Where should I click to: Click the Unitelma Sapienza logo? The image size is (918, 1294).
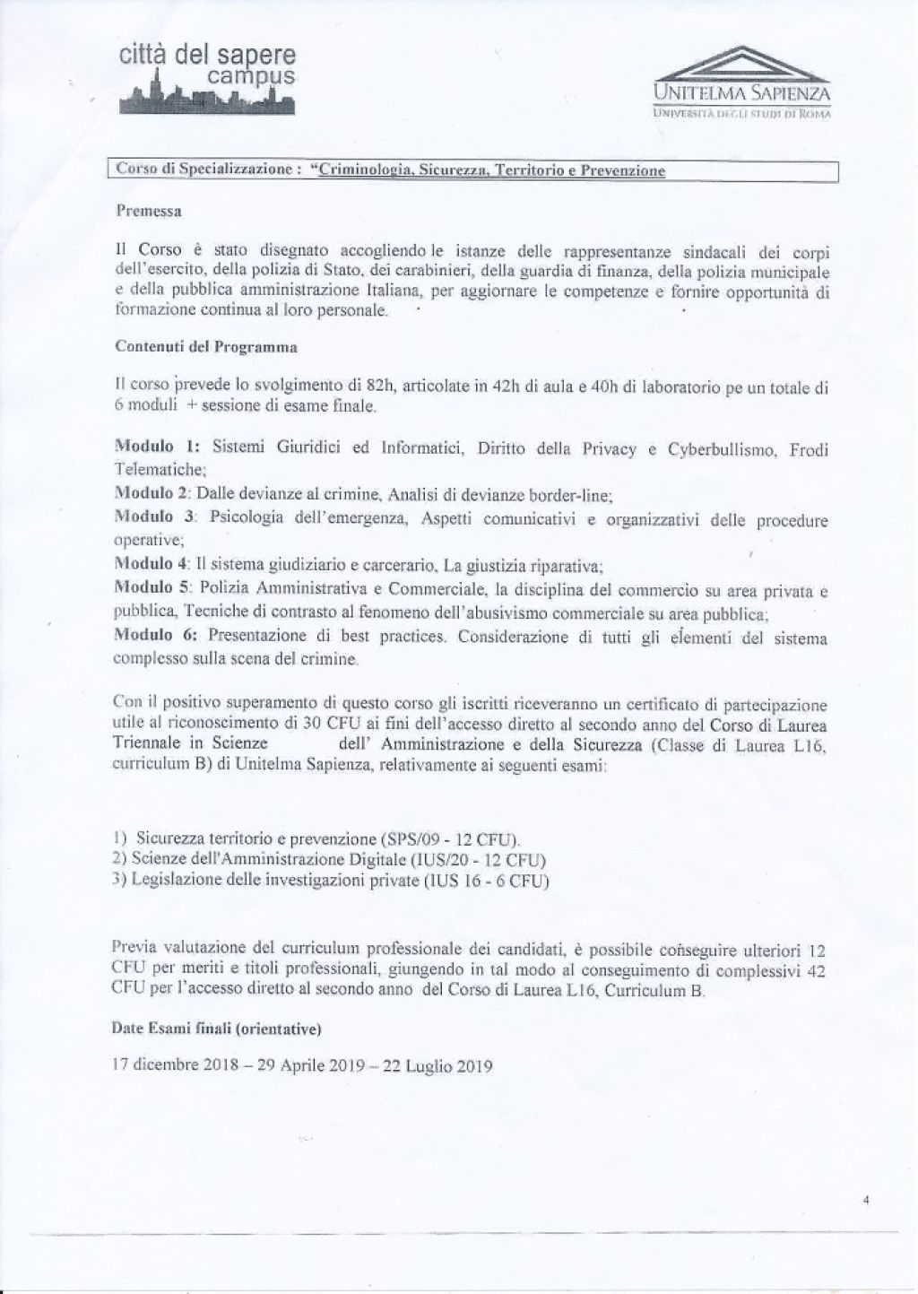pos(743,86)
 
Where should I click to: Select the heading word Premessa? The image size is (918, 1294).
pos(149,212)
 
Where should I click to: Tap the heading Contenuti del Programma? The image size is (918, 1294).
pos(206,346)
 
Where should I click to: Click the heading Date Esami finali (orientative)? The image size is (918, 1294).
pos(219,1029)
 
